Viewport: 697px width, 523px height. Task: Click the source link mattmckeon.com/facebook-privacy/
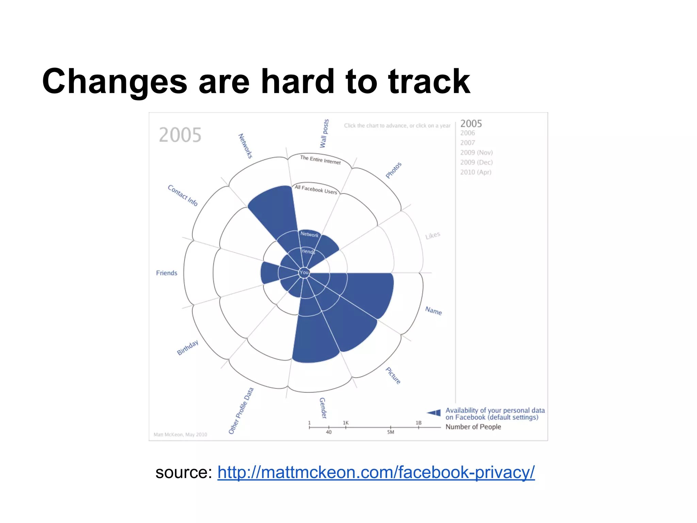pyautogui.click(x=376, y=473)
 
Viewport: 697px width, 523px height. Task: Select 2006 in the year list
pyautogui.click(x=467, y=133)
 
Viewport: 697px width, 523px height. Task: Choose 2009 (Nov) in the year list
pyautogui.click(x=476, y=153)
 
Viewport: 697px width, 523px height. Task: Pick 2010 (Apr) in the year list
pyautogui.click(x=475, y=172)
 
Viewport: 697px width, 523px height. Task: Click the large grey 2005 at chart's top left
pyautogui.click(x=180, y=135)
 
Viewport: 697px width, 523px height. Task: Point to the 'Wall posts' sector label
pyautogui.click(x=324, y=133)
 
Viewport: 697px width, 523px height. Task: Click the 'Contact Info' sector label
pyautogui.click(x=183, y=195)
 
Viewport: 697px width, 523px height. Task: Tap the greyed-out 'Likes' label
pyautogui.click(x=433, y=235)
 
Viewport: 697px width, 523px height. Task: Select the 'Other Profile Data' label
pyautogui.click(x=241, y=411)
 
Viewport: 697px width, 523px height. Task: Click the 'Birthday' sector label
pyautogui.click(x=188, y=348)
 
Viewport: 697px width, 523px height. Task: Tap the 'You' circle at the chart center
pyautogui.click(x=304, y=272)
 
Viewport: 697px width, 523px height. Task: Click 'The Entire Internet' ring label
pyautogui.click(x=320, y=160)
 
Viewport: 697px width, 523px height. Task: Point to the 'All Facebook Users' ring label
pyautogui.click(x=316, y=189)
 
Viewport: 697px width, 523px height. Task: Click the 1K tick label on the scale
pyautogui.click(x=345, y=423)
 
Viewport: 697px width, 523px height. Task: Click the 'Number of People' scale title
pyautogui.click(x=473, y=427)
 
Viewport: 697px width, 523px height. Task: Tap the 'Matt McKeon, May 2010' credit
pyautogui.click(x=180, y=434)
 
